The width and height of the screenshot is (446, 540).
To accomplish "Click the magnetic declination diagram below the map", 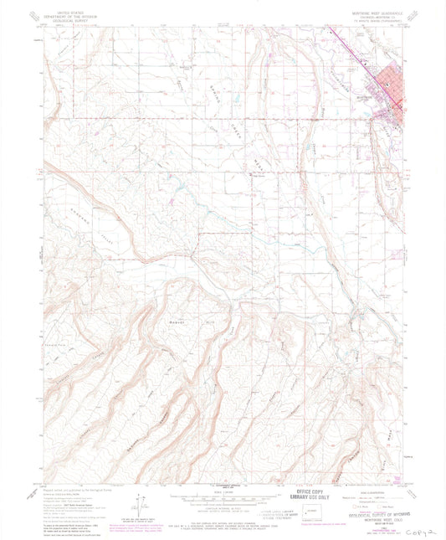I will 141,507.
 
